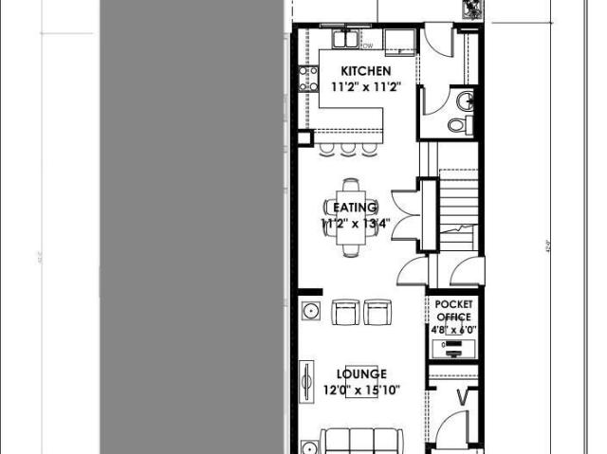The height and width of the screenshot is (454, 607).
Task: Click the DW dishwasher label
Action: point(366,45)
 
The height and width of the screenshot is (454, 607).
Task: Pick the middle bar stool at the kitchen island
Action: point(348,148)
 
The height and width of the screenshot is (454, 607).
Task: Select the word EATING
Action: point(355,208)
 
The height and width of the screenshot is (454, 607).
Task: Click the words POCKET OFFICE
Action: point(453,311)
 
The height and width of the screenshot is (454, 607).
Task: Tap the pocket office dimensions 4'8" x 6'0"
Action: point(453,329)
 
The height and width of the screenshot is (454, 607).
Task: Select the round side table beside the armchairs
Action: point(310,309)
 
